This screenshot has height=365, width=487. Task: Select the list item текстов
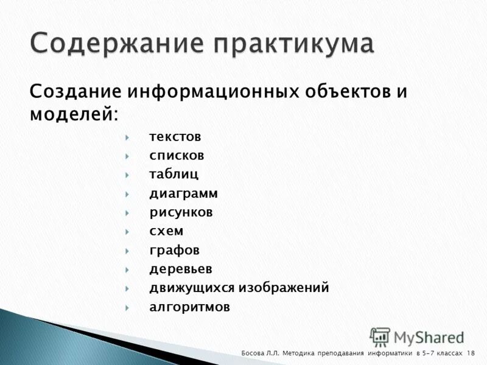tap(175, 137)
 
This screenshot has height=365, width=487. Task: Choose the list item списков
tap(177, 156)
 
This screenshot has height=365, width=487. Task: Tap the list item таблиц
tap(173, 175)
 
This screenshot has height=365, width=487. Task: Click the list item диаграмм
tap(183, 193)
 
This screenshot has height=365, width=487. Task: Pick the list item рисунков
tap(181, 212)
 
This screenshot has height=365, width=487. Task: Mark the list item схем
tap(166, 231)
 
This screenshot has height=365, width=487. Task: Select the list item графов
tap(174, 250)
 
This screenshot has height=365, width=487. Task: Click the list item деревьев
tap(181, 269)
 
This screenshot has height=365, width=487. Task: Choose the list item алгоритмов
tap(189, 307)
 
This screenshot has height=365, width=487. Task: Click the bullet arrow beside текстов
tap(127, 137)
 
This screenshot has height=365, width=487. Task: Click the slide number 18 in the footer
tap(471, 353)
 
